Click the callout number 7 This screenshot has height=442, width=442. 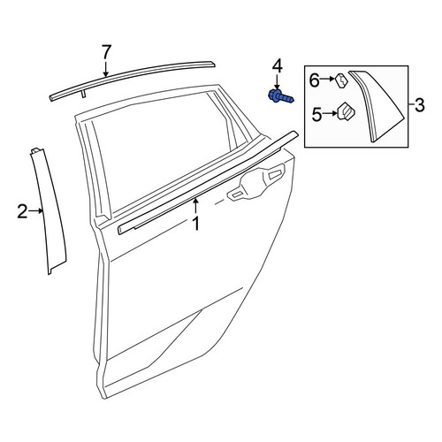pyautogui.click(x=106, y=52)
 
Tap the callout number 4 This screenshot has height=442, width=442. pyautogui.click(x=277, y=67)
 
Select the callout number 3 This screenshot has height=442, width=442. pyautogui.click(x=419, y=105)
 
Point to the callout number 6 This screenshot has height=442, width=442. pyautogui.click(x=315, y=80)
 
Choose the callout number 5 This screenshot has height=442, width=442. pyautogui.click(x=317, y=114)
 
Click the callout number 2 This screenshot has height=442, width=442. pyautogui.click(x=23, y=211)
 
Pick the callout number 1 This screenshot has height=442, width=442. pyautogui.click(x=196, y=224)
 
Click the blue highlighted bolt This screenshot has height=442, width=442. pyautogui.click(x=281, y=97)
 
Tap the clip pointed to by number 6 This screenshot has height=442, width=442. pyautogui.click(x=341, y=80)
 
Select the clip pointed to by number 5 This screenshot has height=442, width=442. pyautogui.click(x=346, y=111)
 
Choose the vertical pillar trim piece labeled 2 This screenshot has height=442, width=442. pyautogui.click(x=49, y=211)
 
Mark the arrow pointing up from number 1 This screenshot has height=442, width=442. pyautogui.click(x=195, y=206)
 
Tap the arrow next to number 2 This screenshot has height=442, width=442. pyautogui.click(x=36, y=210)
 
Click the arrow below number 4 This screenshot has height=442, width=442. pyautogui.click(x=277, y=82)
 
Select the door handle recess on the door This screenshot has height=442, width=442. pyautogui.click(x=256, y=182)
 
